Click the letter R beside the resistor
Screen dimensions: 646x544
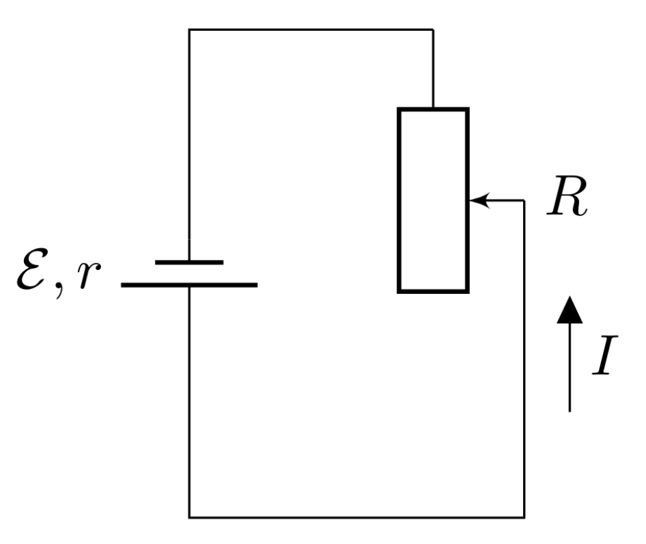pos(567,196)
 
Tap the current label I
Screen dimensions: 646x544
pos(605,355)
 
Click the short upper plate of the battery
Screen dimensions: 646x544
pos(189,262)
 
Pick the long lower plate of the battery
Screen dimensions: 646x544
pos(189,285)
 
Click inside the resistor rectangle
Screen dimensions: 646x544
pos(433,200)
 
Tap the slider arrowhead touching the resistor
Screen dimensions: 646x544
pos(479,200)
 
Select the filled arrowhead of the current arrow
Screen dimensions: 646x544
pos(570,310)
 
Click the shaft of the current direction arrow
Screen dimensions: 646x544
pos(570,368)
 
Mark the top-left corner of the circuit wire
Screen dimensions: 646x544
pos(189,29)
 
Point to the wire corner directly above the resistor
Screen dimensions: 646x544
pos(433,29)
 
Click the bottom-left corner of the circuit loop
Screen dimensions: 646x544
pos(189,517)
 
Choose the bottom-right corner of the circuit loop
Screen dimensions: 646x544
pos(524,517)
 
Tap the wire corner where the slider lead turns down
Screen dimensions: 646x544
pos(524,200)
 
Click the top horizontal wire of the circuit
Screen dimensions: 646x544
pos(311,29)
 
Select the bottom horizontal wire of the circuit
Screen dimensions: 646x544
pos(356,517)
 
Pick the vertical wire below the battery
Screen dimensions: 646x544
pos(189,402)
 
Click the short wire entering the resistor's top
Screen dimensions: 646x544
pos(433,68)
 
